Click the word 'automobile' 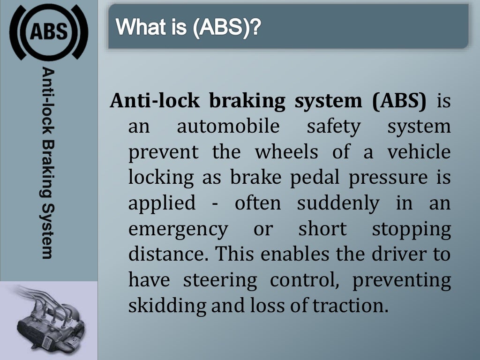click(x=228, y=127)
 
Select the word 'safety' click(x=334, y=127)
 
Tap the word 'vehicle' click(x=419, y=152)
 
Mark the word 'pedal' click(x=316, y=178)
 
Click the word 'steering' click(x=220, y=280)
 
